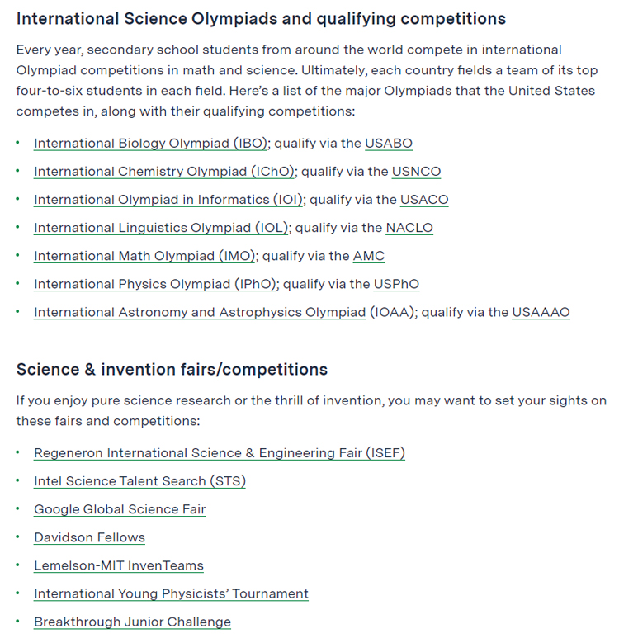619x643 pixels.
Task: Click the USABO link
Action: (388, 144)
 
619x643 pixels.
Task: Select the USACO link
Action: (424, 200)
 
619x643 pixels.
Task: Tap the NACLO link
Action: (409, 228)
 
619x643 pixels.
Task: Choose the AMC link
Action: (369, 256)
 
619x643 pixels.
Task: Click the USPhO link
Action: (396, 284)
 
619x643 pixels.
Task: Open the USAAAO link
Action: (541, 312)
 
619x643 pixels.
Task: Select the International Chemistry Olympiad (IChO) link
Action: (165, 172)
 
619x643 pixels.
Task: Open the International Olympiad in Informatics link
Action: (169, 200)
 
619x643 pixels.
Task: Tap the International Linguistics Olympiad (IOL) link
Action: (162, 228)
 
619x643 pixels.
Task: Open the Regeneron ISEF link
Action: (219, 453)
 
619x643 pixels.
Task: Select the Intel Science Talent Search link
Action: (139, 481)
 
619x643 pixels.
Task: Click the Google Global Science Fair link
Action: (120, 509)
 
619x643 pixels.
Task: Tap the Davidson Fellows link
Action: (89, 537)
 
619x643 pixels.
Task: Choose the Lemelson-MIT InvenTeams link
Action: (118, 565)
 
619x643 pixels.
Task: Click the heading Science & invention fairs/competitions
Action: (172, 369)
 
